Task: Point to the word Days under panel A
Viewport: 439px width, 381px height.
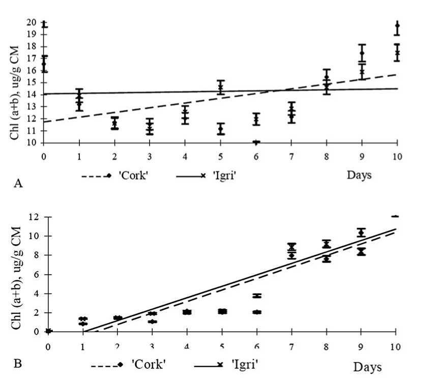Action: click(x=359, y=175)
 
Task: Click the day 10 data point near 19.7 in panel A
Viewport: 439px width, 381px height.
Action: click(x=397, y=26)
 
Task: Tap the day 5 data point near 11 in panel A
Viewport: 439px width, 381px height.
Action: click(x=221, y=130)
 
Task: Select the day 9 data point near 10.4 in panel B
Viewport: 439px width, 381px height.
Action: click(x=361, y=232)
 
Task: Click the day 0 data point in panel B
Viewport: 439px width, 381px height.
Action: click(x=48, y=331)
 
